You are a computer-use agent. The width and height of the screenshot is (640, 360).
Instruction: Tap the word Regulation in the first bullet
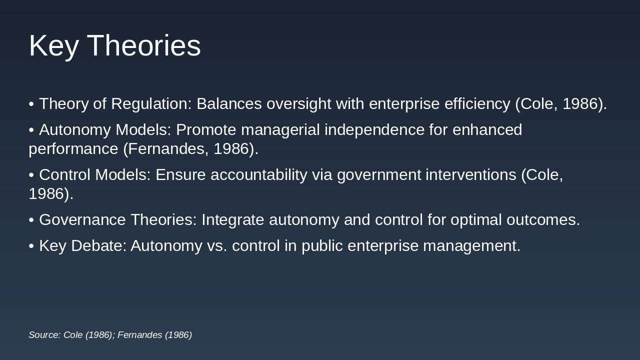tap(151, 104)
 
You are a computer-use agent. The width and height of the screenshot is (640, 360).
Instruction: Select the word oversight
tap(299, 104)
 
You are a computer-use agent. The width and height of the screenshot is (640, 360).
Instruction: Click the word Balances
tap(229, 103)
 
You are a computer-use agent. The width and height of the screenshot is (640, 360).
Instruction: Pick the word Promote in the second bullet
tap(206, 129)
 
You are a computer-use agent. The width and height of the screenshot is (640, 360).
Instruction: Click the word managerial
tap(280, 130)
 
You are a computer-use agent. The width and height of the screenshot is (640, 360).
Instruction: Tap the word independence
tap(374, 130)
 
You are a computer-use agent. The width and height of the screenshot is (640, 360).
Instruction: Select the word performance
tap(73, 149)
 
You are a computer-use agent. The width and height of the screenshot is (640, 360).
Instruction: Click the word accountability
tap(259, 175)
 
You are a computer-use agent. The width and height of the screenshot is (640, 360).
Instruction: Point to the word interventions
tap(471, 174)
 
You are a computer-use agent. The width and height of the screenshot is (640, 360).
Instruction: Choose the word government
tap(379, 175)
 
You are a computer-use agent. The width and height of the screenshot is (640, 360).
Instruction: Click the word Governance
tap(82, 219)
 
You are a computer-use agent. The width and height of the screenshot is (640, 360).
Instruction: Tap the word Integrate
tap(233, 220)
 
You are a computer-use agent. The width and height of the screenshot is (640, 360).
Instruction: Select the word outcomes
tap(543, 219)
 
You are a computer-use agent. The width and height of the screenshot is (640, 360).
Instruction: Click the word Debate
tap(99, 245)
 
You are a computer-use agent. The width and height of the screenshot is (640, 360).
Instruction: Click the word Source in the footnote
tap(44, 335)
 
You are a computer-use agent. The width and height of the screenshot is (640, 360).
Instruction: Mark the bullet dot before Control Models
tap(31, 175)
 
